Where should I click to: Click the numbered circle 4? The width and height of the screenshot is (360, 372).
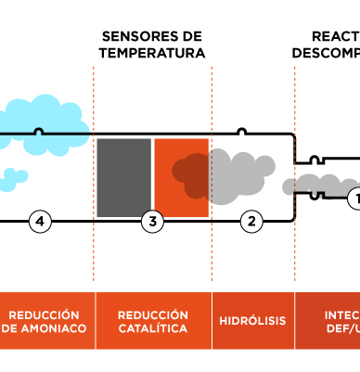pyautogui.click(x=39, y=221)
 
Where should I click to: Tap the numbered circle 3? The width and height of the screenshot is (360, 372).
pyautogui.click(x=153, y=221)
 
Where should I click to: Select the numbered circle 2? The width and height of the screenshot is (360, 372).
pyautogui.click(x=251, y=221)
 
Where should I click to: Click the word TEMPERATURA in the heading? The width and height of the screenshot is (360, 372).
pyautogui.click(x=152, y=53)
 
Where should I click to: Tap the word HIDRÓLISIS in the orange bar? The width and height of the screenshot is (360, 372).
pyautogui.click(x=253, y=322)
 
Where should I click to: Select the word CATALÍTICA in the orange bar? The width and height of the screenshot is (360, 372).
pyautogui.click(x=153, y=329)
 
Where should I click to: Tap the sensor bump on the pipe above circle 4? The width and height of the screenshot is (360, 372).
pyautogui.click(x=38, y=133)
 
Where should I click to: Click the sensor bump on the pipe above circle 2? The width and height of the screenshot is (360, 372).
pyautogui.click(x=241, y=133)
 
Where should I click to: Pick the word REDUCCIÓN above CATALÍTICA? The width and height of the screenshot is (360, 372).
pyautogui.click(x=153, y=315)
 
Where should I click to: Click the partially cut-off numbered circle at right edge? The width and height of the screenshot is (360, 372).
pyautogui.click(x=354, y=199)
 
